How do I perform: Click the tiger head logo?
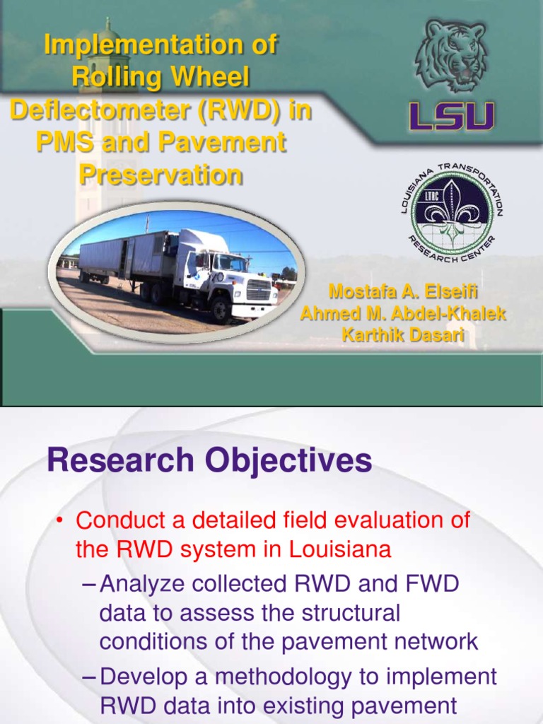[x=450, y=57]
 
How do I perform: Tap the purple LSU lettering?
[x=452, y=116]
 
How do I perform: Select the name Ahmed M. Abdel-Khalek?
[x=404, y=313]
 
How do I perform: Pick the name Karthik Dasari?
[x=404, y=335]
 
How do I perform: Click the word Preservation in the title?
[x=160, y=174]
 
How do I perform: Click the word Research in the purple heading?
[x=119, y=462]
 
